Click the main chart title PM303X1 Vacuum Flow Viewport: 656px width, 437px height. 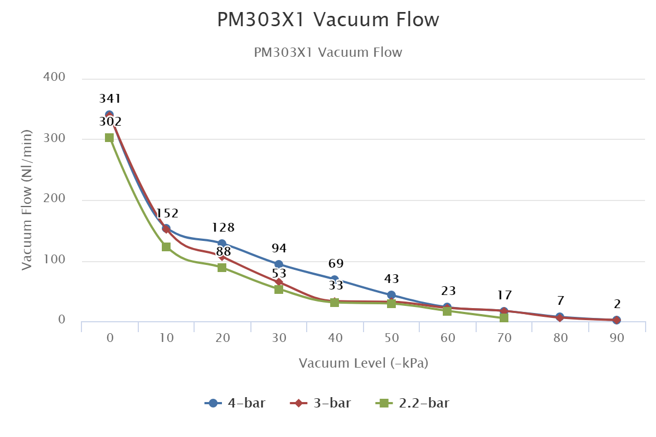pyautogui.click(x=328, y=20)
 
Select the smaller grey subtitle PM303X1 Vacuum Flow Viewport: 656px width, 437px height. pyautogui.click(x=328, y=52)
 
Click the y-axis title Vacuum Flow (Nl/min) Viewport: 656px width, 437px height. pyautogui.click(x=27, y=200)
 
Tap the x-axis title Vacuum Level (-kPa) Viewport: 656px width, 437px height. pyautogui.click(x=364, y=363)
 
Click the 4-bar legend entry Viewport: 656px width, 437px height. pyautogui.click(x=236, y=404)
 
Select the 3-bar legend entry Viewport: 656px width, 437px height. pyautogui.click(x=321, y=404)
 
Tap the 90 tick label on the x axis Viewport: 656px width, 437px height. pyautogui.click(x=617, y=338)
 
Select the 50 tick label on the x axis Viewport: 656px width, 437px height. pyautogui.click(x=391, y=338)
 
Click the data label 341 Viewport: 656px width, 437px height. pyautogui.click(x=110, y=99)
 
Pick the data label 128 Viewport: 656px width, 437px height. pyautogui.click(x=223, y=228)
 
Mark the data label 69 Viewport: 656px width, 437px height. pyautogui.click(x=336, y=264)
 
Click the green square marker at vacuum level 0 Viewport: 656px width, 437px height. pyautogui.click(x=109, y=138)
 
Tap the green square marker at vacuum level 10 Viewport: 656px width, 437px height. pyautogui.click(x=166, y=247)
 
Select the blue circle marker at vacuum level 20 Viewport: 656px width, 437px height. pyautogui.click(x=222, y=244)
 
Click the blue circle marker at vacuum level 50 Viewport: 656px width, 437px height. pyautogui.click(x=391, y=295)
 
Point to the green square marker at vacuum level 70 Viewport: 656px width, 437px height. pyautogui.click(x=504, y=318)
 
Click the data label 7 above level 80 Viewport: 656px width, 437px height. pyautogui.click(x=560, y=301)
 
